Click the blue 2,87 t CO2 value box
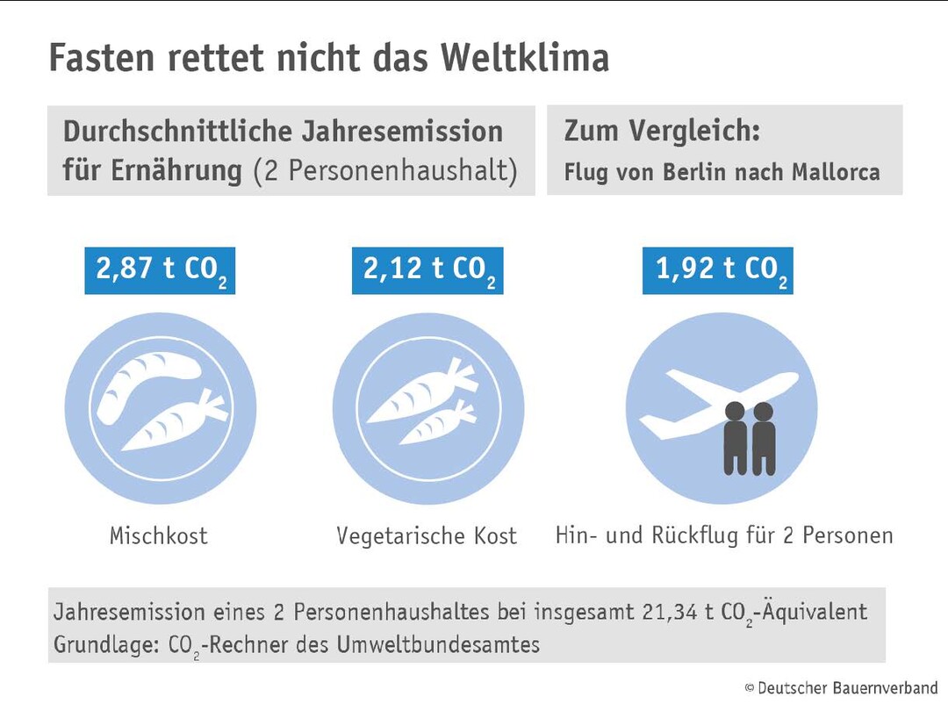pyautogui.click(x=161, y=269)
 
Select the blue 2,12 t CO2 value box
pyautogui.click(x=428, y=269)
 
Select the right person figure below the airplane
pyautogui.click(x=764, y=438)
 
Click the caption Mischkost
pyautogui.click(x=159, y=535)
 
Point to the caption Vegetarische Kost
pyautogui.click(x=427, y=535)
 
